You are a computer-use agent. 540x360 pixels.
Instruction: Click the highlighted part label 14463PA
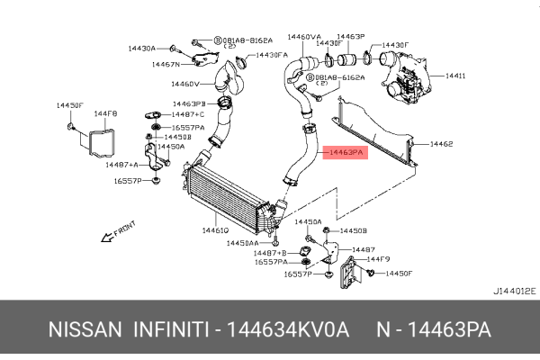point(346,154)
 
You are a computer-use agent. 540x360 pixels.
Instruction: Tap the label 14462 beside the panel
point(441,143)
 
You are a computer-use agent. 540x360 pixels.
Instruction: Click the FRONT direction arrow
point(119,230)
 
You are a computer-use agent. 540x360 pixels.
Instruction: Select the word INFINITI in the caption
point(170,330)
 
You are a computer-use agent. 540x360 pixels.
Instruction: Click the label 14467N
point(166,65)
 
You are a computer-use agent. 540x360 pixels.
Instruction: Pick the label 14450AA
point(242,243)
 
